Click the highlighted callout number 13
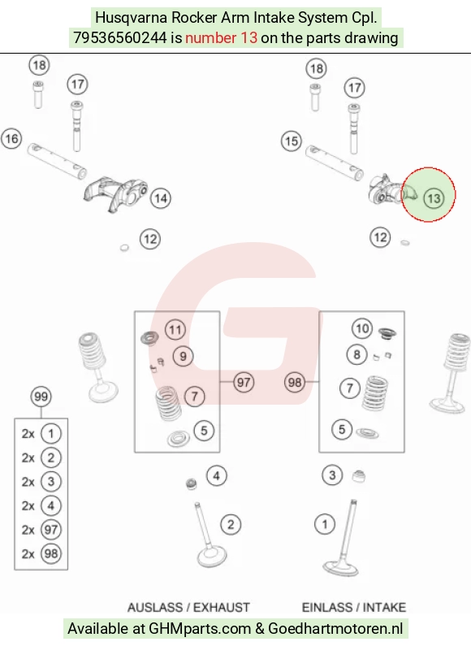coord(434,198)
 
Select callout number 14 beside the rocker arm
coord(161,198)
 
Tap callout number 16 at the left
coord(11,138)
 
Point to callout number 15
coord(292,141)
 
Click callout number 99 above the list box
coord(41,397)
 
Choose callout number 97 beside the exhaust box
coord(244,383)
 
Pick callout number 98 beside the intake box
coord(295,383)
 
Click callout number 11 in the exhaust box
coord(175,330)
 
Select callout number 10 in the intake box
coord(362,328)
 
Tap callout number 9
coord(184,357)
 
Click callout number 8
coord(357,355)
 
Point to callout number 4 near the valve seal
coord(217,476)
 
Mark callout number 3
coord(333,475)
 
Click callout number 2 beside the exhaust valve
coord(231,524)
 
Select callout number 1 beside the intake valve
coord(325,524)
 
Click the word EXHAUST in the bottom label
coord(222,608)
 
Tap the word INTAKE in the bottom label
coord(384,608)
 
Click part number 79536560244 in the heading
coord(120,38)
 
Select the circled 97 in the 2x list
coord(51,530)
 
